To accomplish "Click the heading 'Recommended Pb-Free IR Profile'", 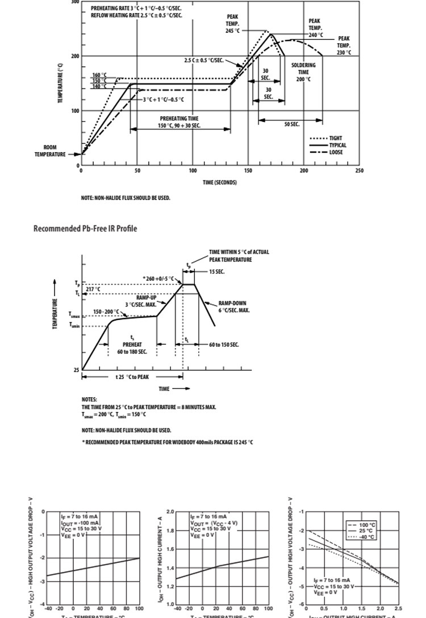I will pyautogui.click(x=85, y=229).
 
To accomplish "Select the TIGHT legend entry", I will pyautogui.click(x=336, y=138).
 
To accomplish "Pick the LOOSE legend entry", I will pyautogui.click(x=336, y=152).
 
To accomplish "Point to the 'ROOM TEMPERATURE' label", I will pyautogui.click(x=50, y=151).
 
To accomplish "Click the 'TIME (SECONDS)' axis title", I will pyautogui.click(x=220, y=182).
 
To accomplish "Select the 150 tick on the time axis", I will pyautogui.click(x=248, y=170).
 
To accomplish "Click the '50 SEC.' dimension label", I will pyautogui.click(x=292, y=124).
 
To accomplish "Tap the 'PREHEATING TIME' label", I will pyautogui.click(x=179, y=119).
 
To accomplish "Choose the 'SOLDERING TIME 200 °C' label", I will pyautogui.click(x=303, y=72).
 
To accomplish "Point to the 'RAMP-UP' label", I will pyautogui.click(x=146, y=297).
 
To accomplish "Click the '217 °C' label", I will pyautogui.click(x=93, y=289).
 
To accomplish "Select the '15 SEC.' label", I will pyautogui.click(x=216, y=272).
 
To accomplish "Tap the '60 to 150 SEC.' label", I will pyautogui.click(x=224, y=344).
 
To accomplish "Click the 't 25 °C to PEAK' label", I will pyautogui.click(x=132, y=377).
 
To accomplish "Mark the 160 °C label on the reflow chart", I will pyautogui.click(x=99, y=75).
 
